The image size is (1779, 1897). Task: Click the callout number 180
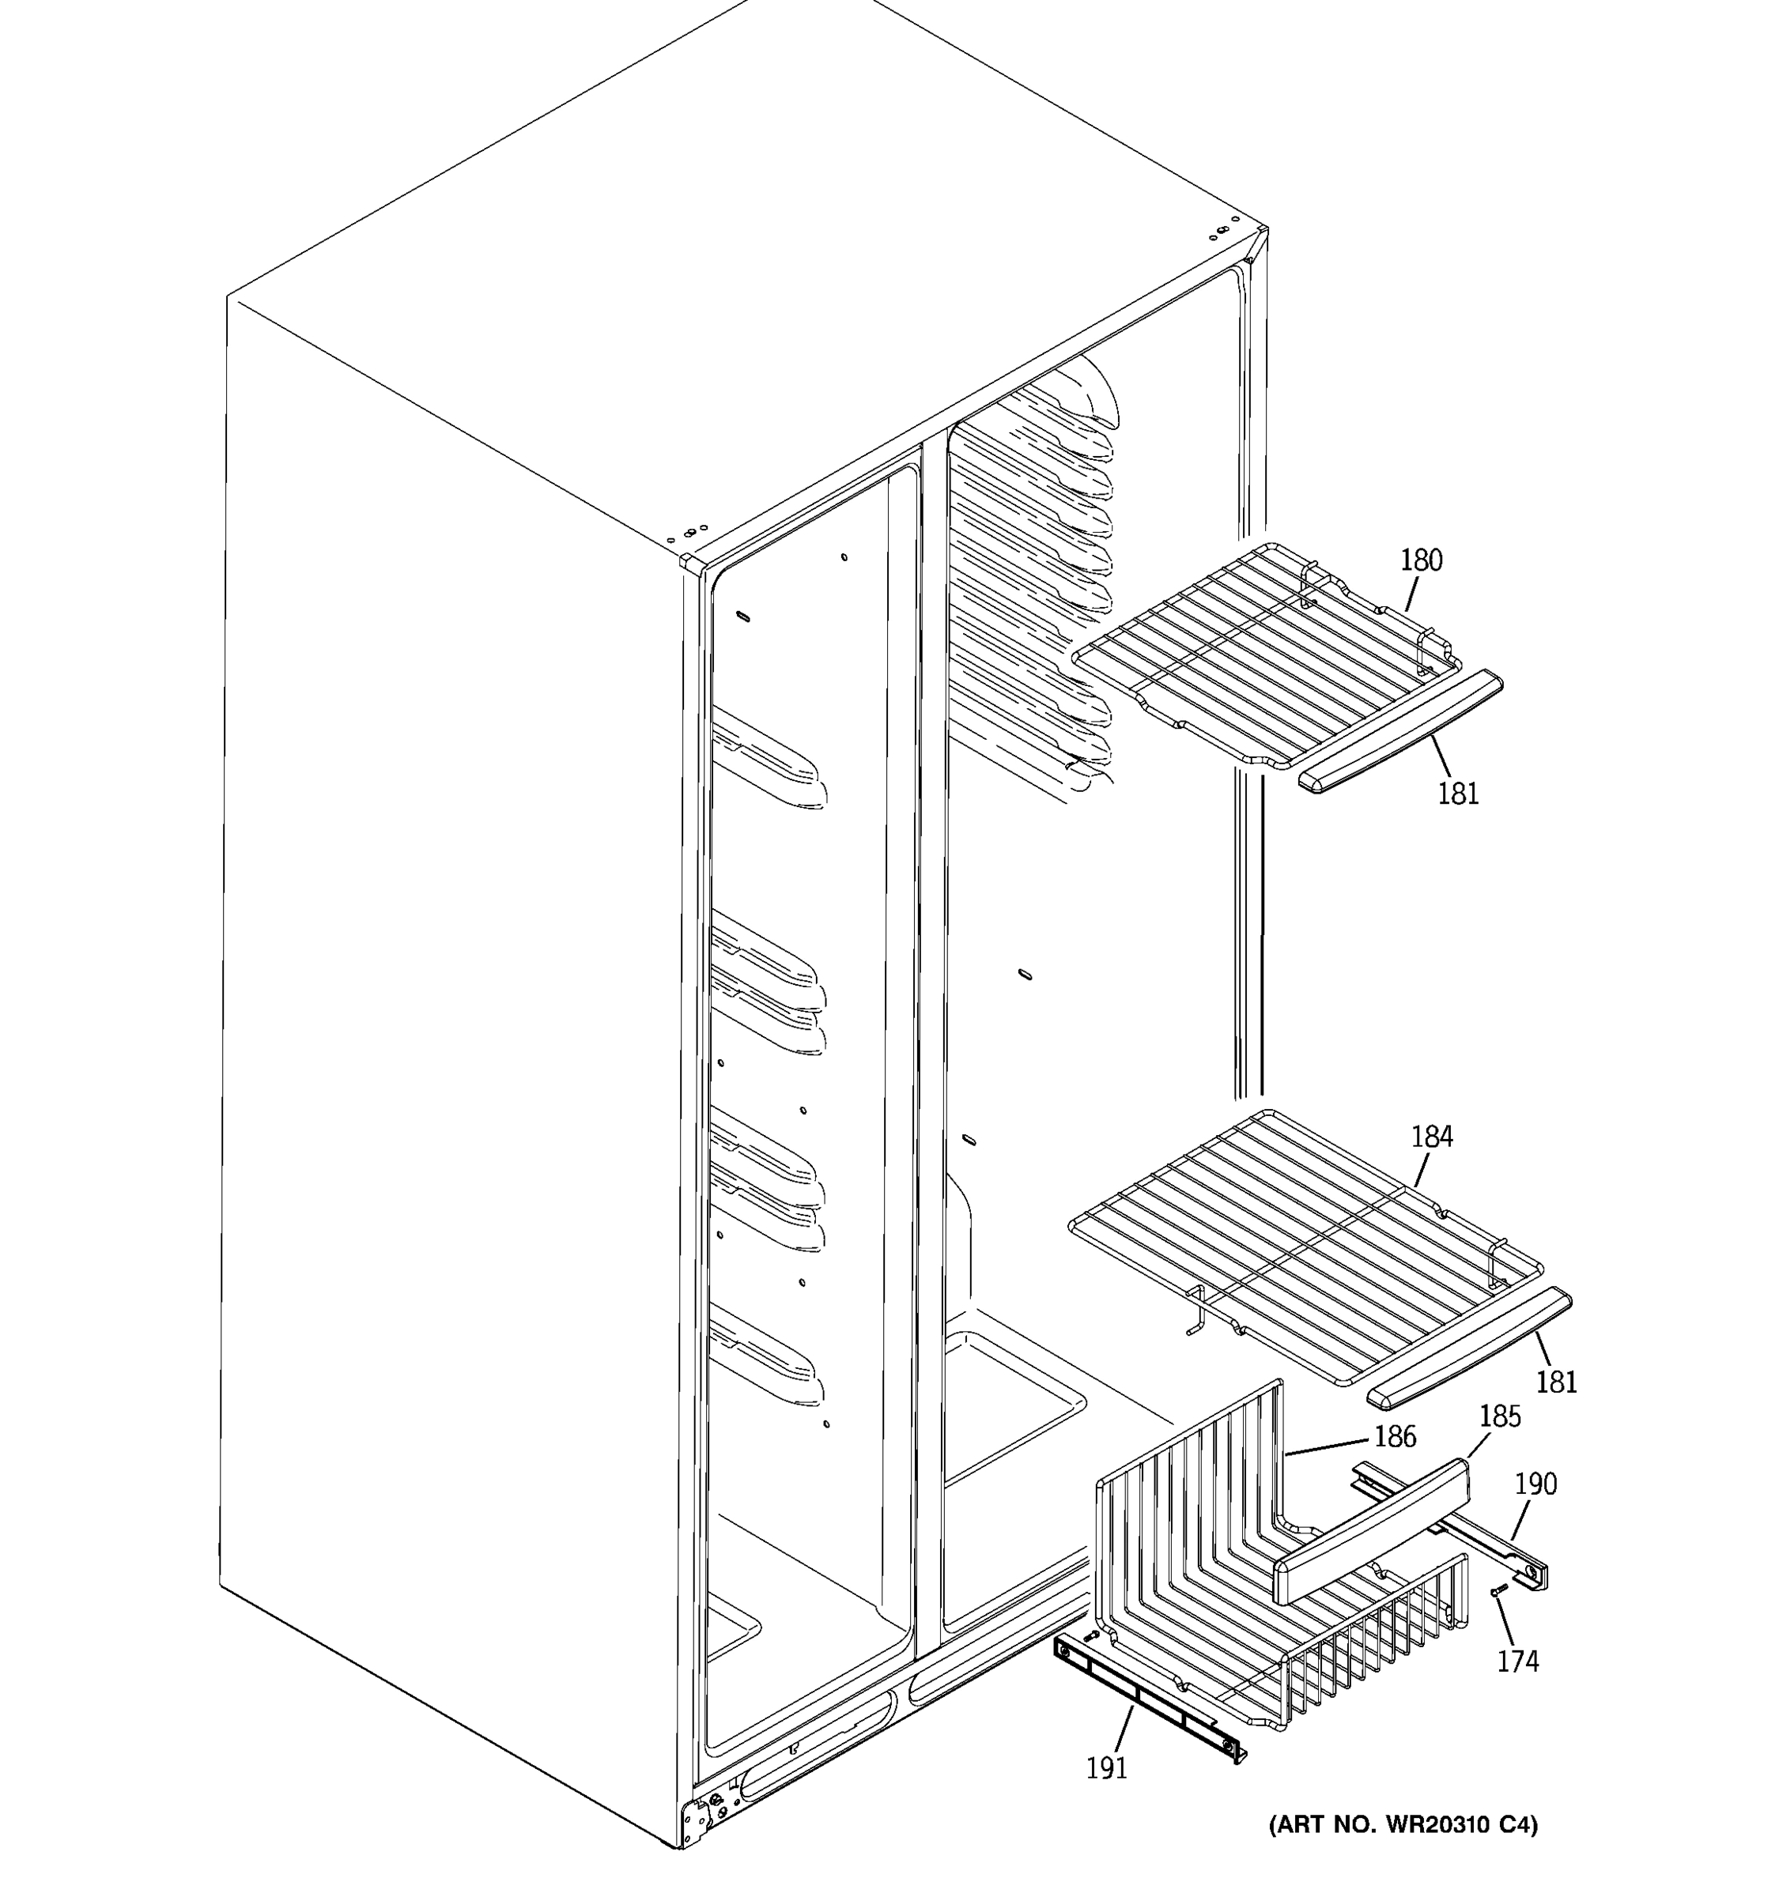point(1421,560)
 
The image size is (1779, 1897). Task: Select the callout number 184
point(1432,1137)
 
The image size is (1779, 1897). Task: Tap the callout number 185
point(1499,1416)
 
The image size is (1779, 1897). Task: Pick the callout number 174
point(1517,1661)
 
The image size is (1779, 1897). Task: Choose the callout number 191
point(1107,1768)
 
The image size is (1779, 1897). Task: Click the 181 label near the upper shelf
point(1457,793)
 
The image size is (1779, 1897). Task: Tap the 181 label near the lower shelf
point(1557,1382)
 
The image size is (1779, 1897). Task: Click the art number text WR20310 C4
point(1403,1825)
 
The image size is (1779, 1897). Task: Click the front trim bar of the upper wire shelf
point(1401,732)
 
